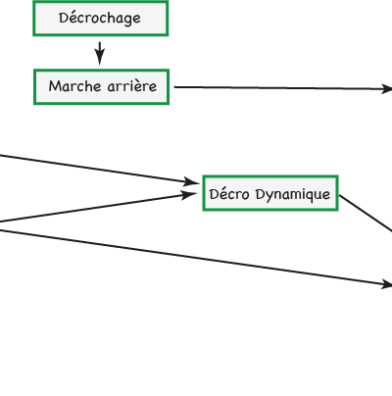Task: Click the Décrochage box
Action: point(101,19)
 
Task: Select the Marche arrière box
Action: point(101,87)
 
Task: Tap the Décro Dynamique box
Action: point(270,193)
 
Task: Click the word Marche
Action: point(74,86)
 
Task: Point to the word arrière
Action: point(132,86)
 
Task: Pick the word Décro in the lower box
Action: point(229,193)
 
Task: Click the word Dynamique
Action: point(293,194)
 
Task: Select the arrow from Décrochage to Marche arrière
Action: point(100,53)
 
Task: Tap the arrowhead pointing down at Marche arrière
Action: point(100,58)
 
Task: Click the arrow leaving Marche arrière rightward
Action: point(283,88)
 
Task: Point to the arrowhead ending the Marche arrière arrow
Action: point(387,89)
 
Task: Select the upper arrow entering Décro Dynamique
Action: point(99,169)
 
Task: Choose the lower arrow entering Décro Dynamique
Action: point(98,208)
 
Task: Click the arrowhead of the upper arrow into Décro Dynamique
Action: point(191,182)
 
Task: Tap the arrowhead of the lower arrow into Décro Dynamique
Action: point(189,195)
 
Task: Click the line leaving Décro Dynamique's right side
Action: point(366,214)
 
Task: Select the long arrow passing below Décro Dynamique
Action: point(196,258)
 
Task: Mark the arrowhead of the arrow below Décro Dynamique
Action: point(387,285)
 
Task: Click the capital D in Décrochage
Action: point(63,18)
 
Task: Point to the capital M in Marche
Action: point(55,86)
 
